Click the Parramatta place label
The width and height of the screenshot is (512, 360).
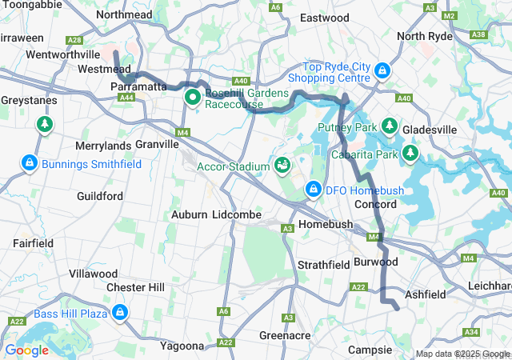tap(138, 86)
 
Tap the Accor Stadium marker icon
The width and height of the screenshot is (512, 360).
tap(282, 166)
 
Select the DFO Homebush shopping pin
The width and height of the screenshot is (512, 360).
tap(314, 190)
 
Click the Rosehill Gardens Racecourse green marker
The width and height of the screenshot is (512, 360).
tap(193, 98)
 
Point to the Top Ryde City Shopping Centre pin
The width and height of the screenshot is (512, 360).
tap(382, 71)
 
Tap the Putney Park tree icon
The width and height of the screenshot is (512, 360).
tap(390, 126)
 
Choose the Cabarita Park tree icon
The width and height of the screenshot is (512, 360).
tap(411, 152)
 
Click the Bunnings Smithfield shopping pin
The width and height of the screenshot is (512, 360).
tap(30, 163)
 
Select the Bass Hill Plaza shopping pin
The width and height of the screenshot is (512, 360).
tap(120, 312)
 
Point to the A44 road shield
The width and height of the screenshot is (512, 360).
tap(126, 97)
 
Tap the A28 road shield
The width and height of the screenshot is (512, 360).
tap(74, 39)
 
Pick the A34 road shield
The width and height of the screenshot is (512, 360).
tap(471, 332)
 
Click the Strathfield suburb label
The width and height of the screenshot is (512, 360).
tap(320, 264)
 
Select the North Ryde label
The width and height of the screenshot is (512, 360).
tap(424, 36)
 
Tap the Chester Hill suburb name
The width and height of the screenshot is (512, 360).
tap(135, 287)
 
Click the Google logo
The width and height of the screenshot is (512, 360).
tap(26, 350)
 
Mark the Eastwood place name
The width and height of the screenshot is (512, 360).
tap(324, 18)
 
